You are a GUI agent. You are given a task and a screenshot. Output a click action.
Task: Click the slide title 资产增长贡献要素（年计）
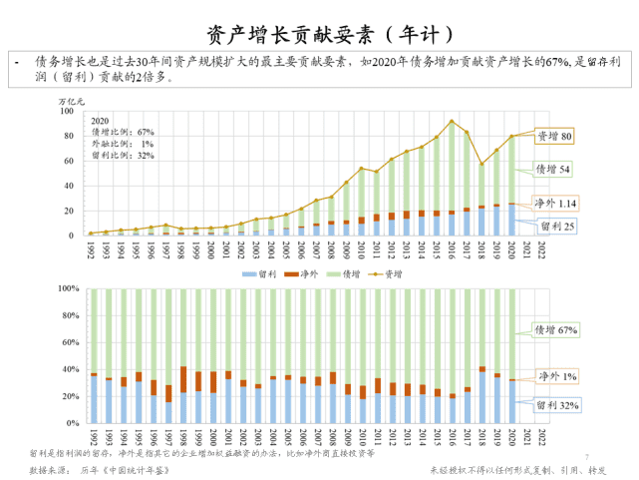pyautogui.click(x=319, y=35)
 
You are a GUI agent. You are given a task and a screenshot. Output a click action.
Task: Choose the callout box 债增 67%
pyautogui.click(x=558, y=329)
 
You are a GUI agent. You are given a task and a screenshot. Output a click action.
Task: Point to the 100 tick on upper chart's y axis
pyautogui.click(x=69, y=111)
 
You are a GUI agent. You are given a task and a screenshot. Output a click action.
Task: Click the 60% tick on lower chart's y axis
pyautogui.click(x=71, y=342)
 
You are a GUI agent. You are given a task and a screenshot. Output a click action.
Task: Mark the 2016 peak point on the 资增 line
pyautogui.click(x=452, y=122)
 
